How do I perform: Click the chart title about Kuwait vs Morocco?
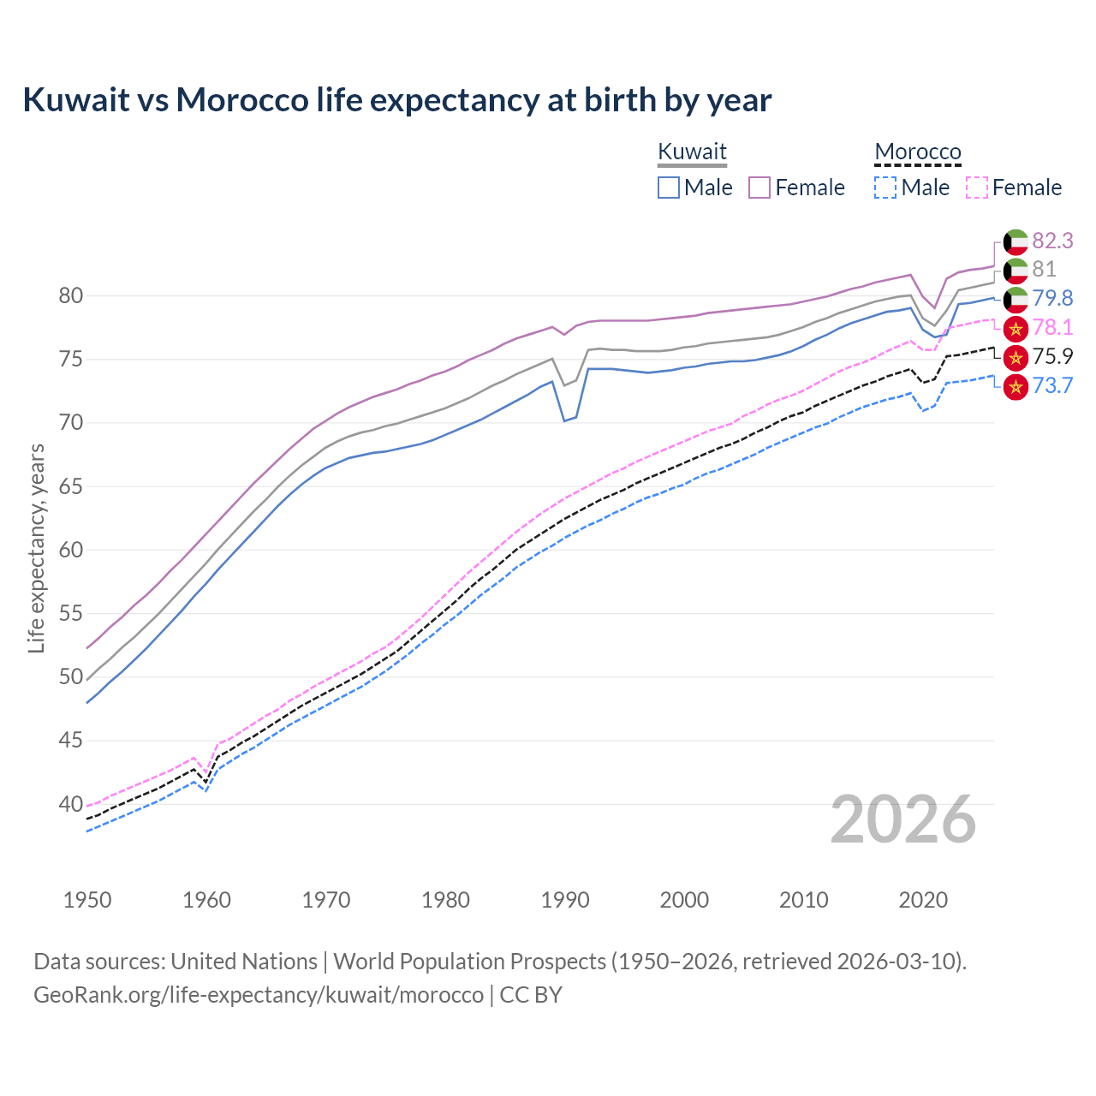(x=396, y=100)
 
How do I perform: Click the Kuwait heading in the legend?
(x=692, y=152)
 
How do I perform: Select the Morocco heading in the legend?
(x=918, y=152)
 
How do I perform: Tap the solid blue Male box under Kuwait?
(x=669, y=188)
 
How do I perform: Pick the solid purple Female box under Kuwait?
(x=759, y=188)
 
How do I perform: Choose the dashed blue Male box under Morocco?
(x=885, y=188)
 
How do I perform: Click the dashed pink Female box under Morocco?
(x=977, y=188)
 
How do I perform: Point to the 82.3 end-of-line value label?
(x=1052, y=241)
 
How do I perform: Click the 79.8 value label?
(x=1052, y=298)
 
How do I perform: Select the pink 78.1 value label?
(x=1052, y=327)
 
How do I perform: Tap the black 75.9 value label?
(x=1052, y=356)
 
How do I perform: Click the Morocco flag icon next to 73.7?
(x=1016, y=387)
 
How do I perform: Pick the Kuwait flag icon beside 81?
(x=1016, y=271)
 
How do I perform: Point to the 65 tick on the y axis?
(x=71, y=486)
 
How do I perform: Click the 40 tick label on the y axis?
(x=71, y=804)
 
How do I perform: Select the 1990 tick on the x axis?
(x=565, y=900)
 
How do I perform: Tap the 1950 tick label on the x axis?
(x=87, y=900)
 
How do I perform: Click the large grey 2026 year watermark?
(x=903, y=820)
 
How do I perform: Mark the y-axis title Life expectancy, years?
(x=36, y=548)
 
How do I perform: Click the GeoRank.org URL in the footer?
(x=259, y=995)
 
